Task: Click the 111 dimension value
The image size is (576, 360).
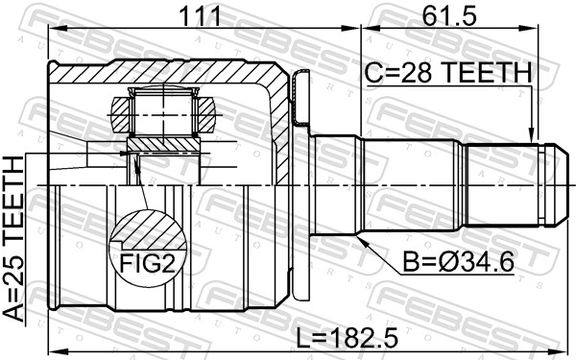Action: pyautogui.click(x=200, y=16)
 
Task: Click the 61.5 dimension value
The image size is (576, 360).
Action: pyautogui.click(x=449, y=16)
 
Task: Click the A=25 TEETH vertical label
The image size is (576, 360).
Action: pyautogui.click(x=13, y=238)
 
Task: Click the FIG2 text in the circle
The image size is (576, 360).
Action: pyautogui.click(x=147, y=264)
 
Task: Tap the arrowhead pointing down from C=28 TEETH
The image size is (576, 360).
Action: pyautogui.click(x=531, y=134)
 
